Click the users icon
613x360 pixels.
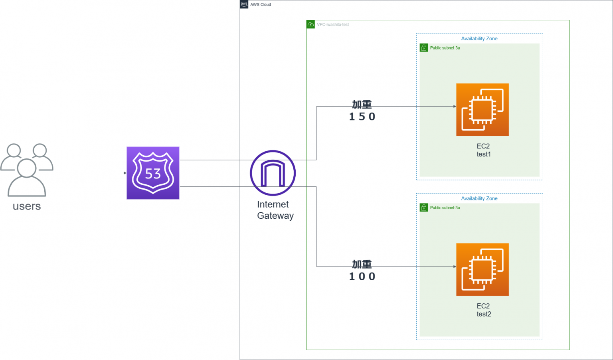[27, 170]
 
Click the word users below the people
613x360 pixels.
[27, 206]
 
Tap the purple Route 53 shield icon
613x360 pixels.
[153, 173]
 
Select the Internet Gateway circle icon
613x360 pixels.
[273, 173]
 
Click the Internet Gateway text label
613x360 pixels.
[275, 210]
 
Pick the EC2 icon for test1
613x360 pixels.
[482, 109]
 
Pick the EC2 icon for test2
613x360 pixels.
[482, 269]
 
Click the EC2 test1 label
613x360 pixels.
[483, 150]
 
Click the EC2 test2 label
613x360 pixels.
[483, 310]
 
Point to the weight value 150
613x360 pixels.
[362, 117]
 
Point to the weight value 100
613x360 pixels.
[362, 277]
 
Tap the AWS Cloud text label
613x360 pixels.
[261, 5]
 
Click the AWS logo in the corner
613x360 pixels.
[244, 4]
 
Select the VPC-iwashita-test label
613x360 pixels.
[333, 25]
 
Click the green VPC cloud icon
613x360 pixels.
[310, 24]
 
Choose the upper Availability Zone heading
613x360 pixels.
[479, 39]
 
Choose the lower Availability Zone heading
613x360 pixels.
[479, 198]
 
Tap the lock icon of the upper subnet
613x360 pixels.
[424, 48]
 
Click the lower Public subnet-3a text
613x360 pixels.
[445, 208]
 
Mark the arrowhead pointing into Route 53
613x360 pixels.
[125, 173]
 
